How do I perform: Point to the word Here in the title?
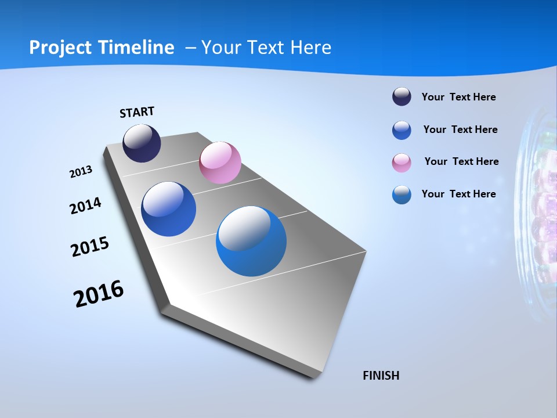pos(310,48)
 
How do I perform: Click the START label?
pos(137,112)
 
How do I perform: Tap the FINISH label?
pos(381,376)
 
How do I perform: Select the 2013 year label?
pos(81,172)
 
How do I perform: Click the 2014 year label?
pos(85,206)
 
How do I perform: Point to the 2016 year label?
pos(99,294)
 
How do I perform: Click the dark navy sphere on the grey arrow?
pos(142,143)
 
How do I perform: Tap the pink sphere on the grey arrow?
pos(220,163)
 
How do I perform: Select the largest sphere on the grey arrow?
pos(251,241)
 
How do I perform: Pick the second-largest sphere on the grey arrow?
pos(168,209)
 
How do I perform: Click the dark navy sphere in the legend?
pos(402,97)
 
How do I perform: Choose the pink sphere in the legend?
pos(402,163)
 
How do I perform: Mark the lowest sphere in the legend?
pos(402,194)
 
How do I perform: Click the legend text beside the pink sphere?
pos(461,161)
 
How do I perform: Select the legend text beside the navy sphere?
pos(458,98)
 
